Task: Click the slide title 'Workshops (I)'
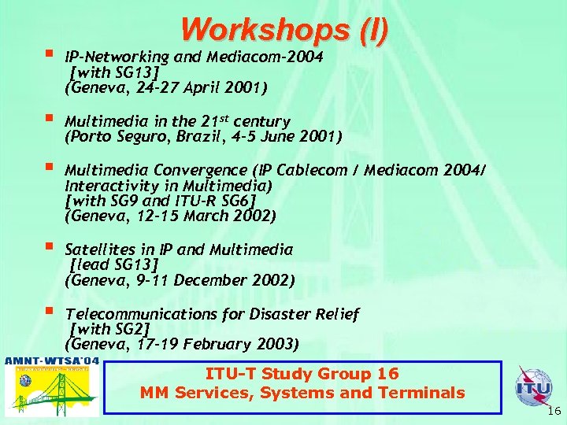click(284, 29)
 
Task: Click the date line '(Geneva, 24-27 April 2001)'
click(166, 87)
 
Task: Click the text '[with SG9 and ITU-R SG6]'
click(161, 200)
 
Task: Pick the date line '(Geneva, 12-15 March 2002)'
click(170, 215)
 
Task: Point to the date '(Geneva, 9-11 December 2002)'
click(180, 280)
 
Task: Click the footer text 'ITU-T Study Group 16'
click(302, 374)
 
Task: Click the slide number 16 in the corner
click(554, 411)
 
